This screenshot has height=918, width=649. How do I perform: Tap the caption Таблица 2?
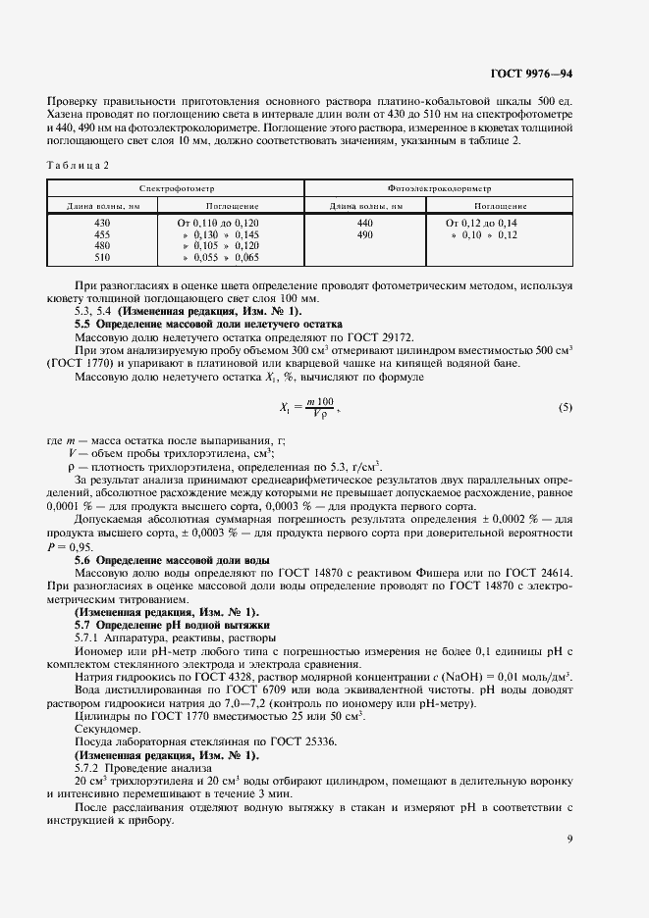[79, 165]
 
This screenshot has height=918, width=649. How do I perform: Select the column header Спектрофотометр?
[176, 186]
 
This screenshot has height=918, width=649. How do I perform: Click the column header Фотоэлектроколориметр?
[439, 186]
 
